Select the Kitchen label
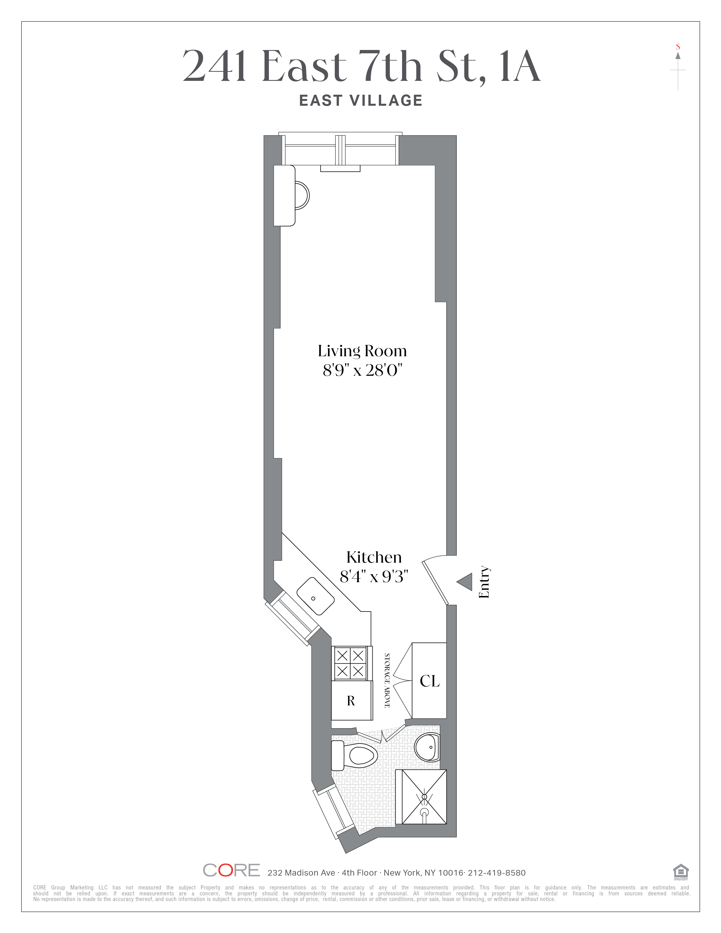click(x=374, y=558)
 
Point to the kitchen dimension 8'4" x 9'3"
click(x=374, y=577)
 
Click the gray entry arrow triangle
click(x=465, y=582)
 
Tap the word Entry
click(x=484, y=582)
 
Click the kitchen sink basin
click(x=316, y=596)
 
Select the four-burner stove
click(x=350, y=664)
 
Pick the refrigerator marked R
click(x=351, y=700)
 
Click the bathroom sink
click(x=427, y=747)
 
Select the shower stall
click(x=421, y=797)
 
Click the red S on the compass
click(x=678, y=47)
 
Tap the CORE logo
click(x=231, y=870)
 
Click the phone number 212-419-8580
click(x=497, y=873)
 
